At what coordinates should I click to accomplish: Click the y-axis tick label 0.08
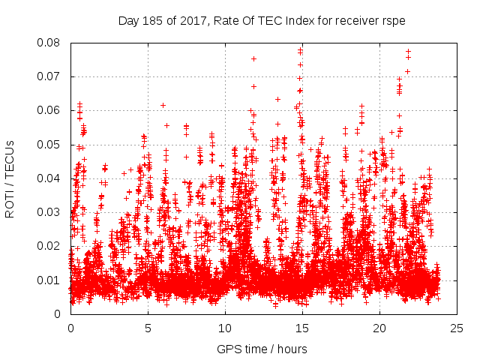coord(52,43)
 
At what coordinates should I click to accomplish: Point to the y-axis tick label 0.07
coord(52,76)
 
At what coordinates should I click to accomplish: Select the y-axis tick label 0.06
coord(52,110)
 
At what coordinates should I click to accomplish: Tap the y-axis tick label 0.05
coord(52,144)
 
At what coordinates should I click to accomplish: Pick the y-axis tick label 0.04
coord(52,178)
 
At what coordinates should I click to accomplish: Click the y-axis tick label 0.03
coord(52,212)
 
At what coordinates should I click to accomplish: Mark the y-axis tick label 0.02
coord(52,246)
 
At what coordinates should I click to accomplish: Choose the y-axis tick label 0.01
coord(52,280)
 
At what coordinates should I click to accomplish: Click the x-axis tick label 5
coord(148,328)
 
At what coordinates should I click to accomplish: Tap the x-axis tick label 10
coord(225,328)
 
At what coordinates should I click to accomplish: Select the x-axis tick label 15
coord(302,328)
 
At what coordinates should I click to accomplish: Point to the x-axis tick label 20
coord(379,328)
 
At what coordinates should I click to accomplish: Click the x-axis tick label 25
coord(457,328)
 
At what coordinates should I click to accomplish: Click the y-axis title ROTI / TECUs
coord(10,178)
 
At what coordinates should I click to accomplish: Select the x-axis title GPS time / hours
coord(263,349)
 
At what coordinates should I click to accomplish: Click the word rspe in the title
coord(394,20)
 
